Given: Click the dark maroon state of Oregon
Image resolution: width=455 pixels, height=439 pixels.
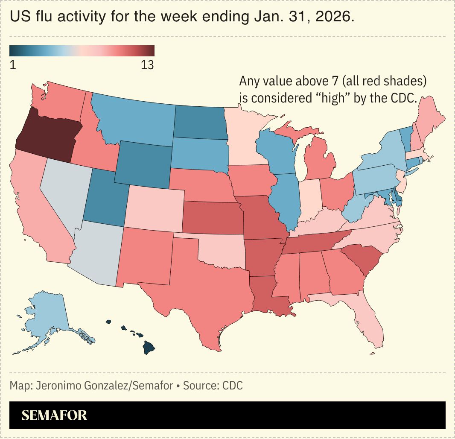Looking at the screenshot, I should pos(47,135).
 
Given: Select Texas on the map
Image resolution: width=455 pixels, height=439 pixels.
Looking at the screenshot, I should pos(205,290).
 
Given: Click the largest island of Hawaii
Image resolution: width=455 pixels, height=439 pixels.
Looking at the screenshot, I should pos(148,348).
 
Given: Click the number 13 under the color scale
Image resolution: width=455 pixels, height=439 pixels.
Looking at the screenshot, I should pos(147,65).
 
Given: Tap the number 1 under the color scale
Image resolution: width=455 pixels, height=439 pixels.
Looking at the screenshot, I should pos(13,65).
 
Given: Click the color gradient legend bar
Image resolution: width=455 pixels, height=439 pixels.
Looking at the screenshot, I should pos(82,51).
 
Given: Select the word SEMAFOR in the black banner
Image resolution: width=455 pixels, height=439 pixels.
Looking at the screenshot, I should pos(54,415).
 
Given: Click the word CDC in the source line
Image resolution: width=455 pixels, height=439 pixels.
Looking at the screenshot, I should pos(232,386).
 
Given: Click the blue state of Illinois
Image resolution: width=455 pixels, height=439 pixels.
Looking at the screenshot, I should pos(284,201).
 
